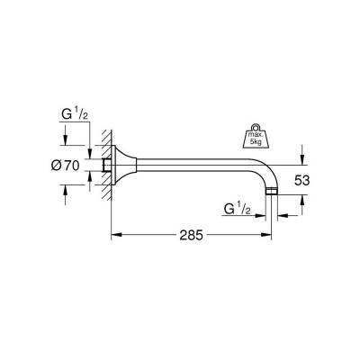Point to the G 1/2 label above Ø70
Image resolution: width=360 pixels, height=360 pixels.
(73, 115)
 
